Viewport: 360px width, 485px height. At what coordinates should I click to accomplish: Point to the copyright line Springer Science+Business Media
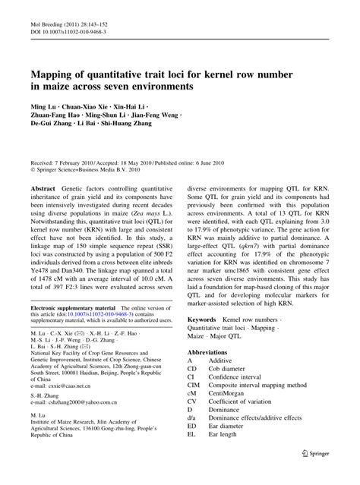click(79, 172)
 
